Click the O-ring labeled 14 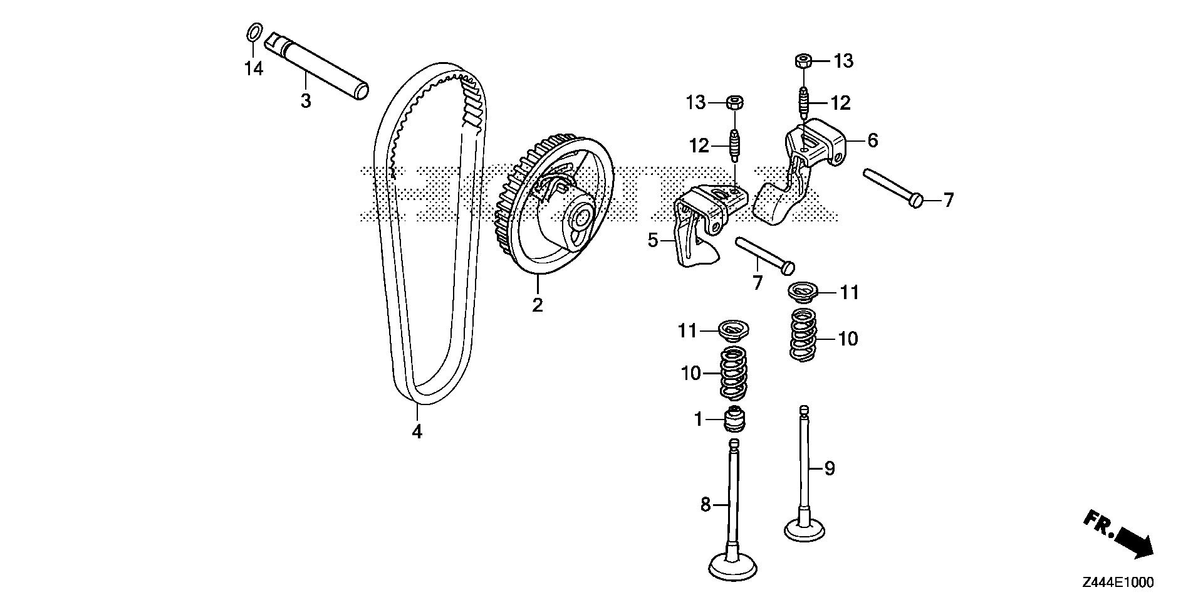click(253, 31)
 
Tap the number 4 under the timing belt click(417, 431)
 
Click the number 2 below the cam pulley click(537, 305)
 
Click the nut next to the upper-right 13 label click(805, 61)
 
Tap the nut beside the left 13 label click(734, 102)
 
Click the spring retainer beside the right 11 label click(802, 293)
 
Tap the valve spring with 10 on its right click(803, 335)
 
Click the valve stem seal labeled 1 click(734, 420)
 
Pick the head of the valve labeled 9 click(805, 529)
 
